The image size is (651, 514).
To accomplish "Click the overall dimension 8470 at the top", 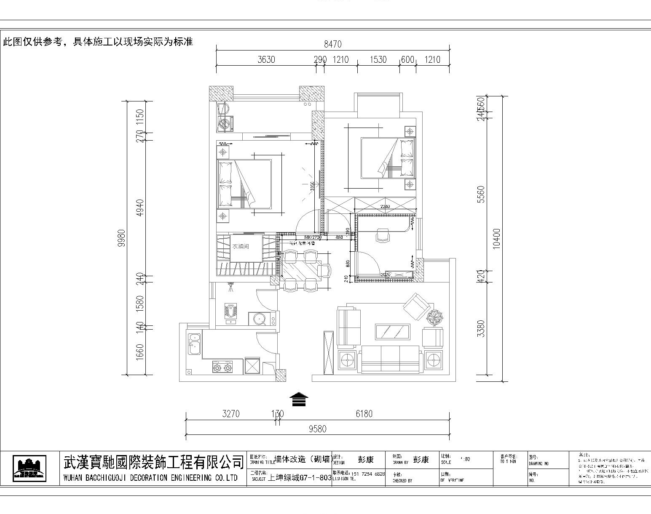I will tap(332, 44).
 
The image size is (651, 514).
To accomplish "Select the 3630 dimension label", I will tap(266, 59).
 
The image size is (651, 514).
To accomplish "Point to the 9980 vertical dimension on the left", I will tap(122, 238).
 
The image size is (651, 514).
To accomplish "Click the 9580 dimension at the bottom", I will tap(317, 429).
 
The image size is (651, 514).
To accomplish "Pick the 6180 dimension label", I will tap(364, 414).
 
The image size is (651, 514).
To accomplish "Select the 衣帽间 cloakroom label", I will tap(241, 246).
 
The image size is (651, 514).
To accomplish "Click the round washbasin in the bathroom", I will tap(258, 319).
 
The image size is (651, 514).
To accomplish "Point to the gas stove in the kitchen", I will tap(223, 367).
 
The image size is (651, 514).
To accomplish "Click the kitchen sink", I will tap(194, 343).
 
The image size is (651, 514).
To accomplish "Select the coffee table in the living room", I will tap(393, 332).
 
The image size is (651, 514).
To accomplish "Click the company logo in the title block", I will tap(29, 469).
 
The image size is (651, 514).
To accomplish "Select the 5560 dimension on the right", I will tap(481, 194).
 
